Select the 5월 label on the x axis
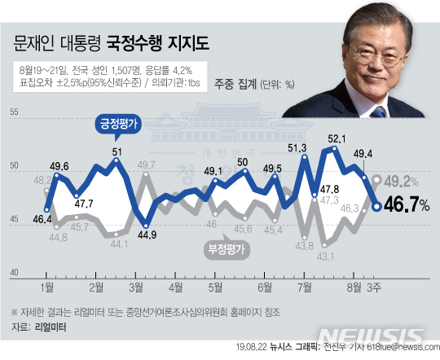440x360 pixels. [x=215, y=288]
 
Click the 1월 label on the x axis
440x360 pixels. [x=46, y=288]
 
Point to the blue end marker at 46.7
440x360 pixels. [x=376, y=206]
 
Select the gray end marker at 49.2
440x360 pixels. [x=376, y=179]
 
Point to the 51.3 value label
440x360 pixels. [x=297, y=147]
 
